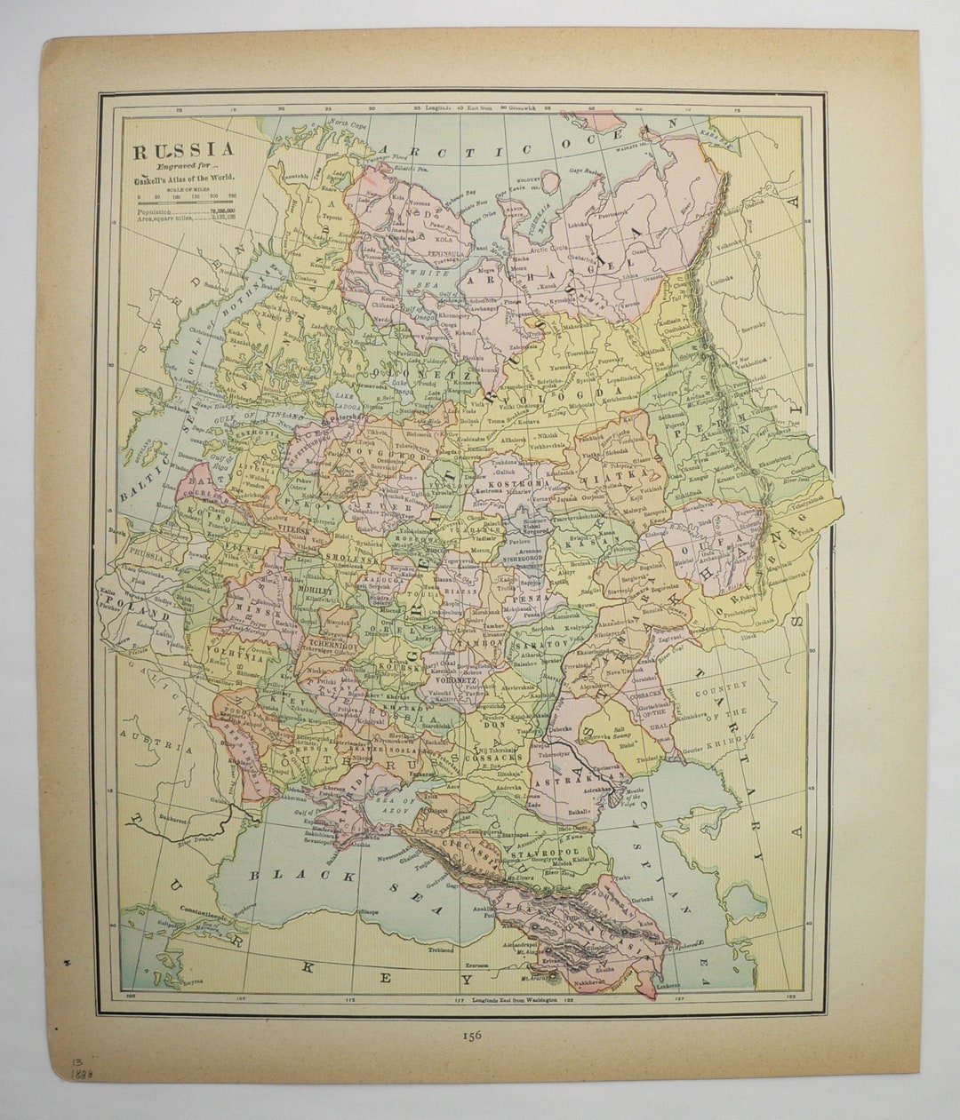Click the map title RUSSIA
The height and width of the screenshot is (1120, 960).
click(x=184, y=151)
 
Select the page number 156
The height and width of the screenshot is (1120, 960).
click(x=471, y=1034)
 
